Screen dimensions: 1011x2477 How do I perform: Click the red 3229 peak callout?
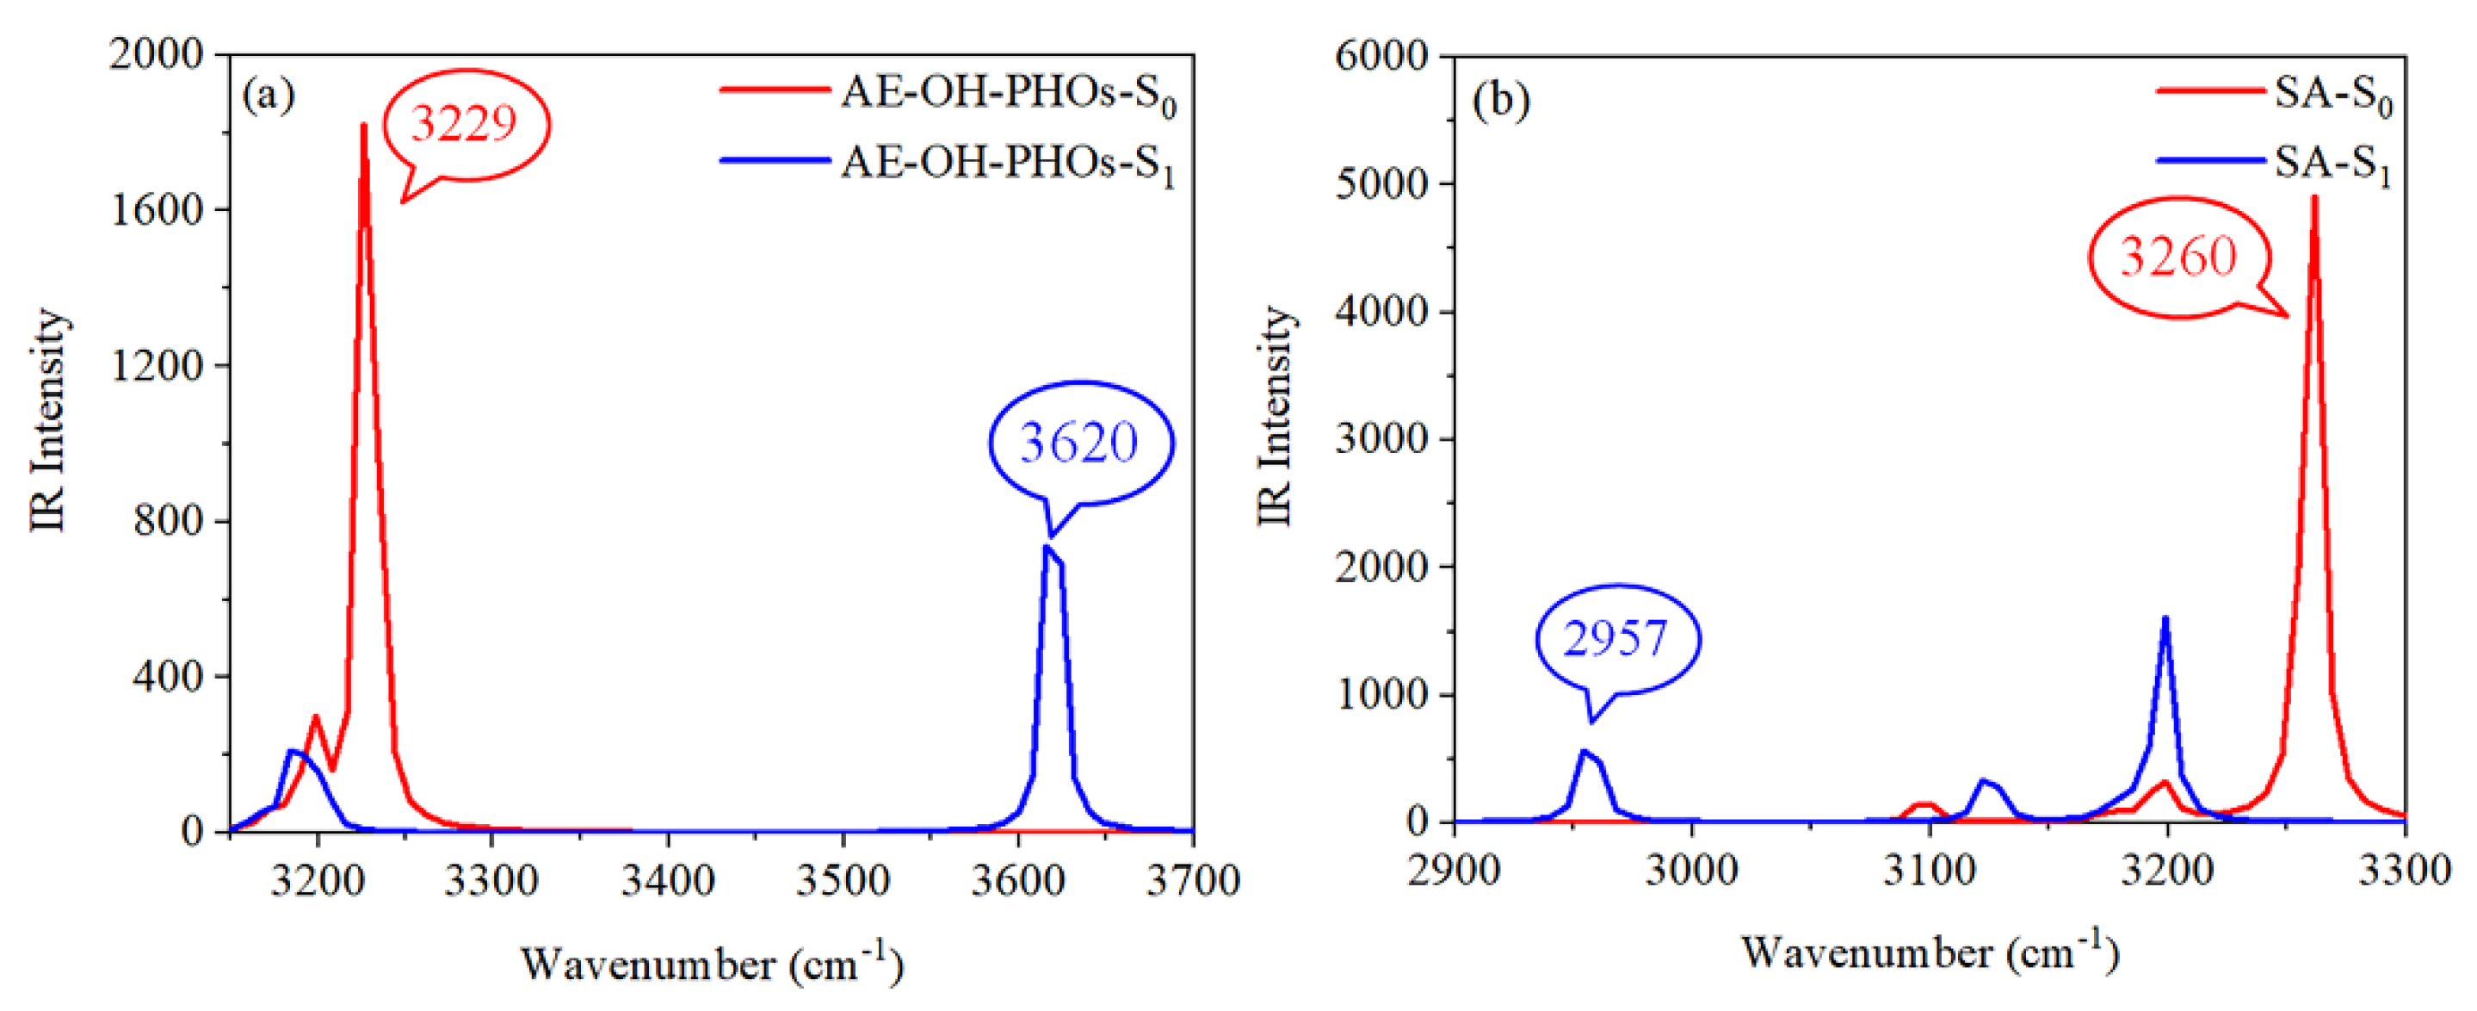point(466,124)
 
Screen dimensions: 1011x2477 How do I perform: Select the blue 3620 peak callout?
point(1079,443)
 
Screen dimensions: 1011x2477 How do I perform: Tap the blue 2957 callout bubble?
point(1615,639)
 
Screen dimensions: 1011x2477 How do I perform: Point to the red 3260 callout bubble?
point(2179,257)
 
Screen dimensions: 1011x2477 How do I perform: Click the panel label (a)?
point(269,96)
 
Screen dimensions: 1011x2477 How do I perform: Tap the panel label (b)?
point(1500,101)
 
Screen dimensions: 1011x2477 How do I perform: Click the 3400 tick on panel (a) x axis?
point(667,880)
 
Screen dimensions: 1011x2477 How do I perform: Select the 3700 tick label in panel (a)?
point(1192,880)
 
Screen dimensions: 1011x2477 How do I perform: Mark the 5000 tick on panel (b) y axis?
point(1381,183)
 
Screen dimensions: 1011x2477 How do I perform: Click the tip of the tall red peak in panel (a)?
point(363,125)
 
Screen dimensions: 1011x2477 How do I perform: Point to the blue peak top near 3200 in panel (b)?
point(2165,618)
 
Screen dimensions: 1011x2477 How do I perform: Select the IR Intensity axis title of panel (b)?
point(1275,416)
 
